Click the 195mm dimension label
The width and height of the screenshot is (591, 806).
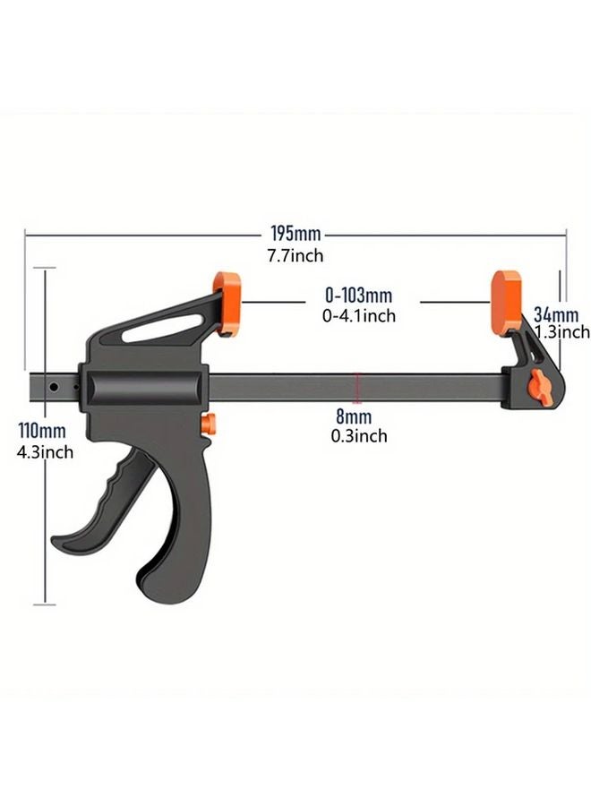(x=295, y=235)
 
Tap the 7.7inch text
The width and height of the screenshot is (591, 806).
(x=295, y=256)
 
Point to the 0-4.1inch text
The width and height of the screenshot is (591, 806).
(x=358, y=315)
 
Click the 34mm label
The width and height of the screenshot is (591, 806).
(x=556, y=314)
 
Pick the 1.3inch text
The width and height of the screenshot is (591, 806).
(x=561, y=332)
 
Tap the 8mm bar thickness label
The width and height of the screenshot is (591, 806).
(x=355, y=417)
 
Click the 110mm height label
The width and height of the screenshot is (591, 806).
(x=41, y=433)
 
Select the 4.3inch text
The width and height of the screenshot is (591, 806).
(x=46, y=452)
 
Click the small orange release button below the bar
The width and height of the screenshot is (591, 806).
(x=209, y=424)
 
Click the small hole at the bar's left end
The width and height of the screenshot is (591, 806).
(x=55, y=388)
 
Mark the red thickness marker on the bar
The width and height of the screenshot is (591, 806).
(x=357, y=386)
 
